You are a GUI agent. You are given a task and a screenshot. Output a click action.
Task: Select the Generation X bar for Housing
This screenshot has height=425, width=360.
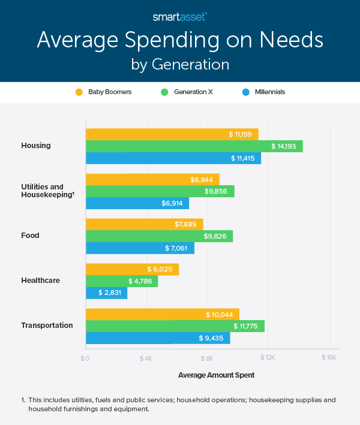click(x=194, y=146)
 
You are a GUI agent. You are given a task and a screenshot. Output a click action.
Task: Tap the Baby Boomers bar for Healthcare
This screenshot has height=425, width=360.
click(x=132, y=269)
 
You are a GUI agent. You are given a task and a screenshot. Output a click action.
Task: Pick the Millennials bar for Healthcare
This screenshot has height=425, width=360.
click(x=106, y=293)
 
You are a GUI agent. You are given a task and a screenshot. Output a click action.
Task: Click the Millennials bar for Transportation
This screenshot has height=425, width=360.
click(x=157, y=338)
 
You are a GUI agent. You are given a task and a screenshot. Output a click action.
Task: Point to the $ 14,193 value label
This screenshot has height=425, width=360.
click(x=283, y=146)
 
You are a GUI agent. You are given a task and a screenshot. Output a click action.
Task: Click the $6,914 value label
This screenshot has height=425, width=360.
click(x=173, y=203)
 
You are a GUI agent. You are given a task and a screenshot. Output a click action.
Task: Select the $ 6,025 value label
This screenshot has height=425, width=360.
click(x=160, y=269)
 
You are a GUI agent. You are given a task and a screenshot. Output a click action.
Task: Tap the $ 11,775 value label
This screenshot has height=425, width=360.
click(x=245, y=326)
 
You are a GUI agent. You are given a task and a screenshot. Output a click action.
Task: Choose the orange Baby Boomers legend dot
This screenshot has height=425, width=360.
click(x=78, y=92)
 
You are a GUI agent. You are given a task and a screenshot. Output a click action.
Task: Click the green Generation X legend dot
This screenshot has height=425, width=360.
click(x=163, y=92)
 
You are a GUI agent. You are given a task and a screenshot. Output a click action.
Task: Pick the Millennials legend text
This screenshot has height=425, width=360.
click(x=269, y=92)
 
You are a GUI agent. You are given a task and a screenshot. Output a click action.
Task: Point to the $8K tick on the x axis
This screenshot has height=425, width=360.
click(x=208, y=358)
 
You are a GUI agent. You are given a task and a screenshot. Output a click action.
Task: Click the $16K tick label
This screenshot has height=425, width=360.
click(x=329, y=358)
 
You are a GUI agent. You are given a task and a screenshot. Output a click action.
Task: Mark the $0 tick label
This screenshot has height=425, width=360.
click(x=86, y=358)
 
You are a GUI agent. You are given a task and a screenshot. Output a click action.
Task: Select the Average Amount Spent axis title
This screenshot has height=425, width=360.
click(x=216, y=375)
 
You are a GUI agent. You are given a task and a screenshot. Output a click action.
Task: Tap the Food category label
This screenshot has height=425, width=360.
click(x=30, y=236)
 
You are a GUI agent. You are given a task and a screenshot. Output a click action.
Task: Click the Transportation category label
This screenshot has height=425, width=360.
click(x=47, y=325)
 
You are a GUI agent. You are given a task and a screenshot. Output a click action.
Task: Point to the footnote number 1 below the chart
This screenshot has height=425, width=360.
click(x=22, y=400)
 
